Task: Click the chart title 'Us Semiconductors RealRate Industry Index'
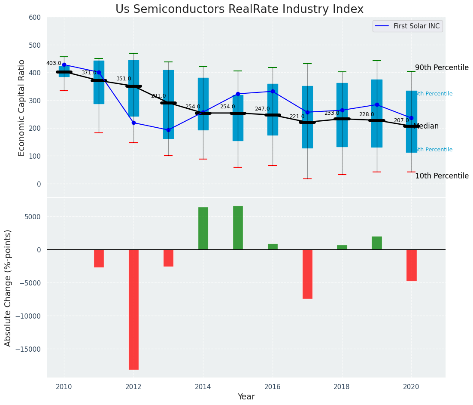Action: coord(239,9)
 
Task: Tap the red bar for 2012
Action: coord(133,309)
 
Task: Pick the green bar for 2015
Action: coord(238,228)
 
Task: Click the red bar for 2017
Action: coord(307,274)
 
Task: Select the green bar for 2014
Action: coord(203,228)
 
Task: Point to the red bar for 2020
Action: coord(412,265)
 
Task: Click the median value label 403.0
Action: coord(54,63)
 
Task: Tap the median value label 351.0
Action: coord(124,79)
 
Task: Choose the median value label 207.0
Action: coord(401,120)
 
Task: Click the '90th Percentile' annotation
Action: coord(442,68)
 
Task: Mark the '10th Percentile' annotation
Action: coord(442,176)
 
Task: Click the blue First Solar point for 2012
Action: coord(133,123)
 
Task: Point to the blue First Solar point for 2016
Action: coord(273,92)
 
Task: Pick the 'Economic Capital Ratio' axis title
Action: coord(22,107)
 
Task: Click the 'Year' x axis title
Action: coord(246,397)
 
